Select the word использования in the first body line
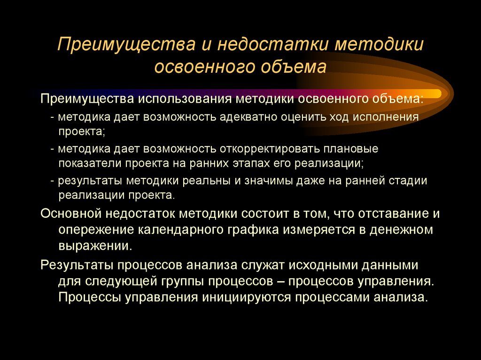coord(194,100)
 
